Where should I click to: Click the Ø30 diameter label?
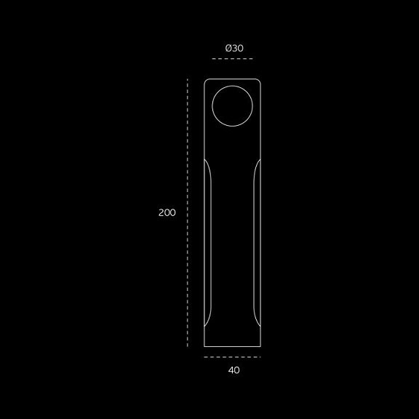[234, 48]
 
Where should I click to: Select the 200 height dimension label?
[167, 212]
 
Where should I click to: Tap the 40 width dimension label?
[234, 370]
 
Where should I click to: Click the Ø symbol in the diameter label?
[228, 48]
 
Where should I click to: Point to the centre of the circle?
[232, 105]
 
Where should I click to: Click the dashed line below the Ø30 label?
[232, 58]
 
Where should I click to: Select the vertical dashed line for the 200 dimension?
[188, 212]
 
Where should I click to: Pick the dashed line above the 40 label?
[232, 357]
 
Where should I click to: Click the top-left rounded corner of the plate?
[205, 80]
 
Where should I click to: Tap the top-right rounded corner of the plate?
[259, 80]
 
